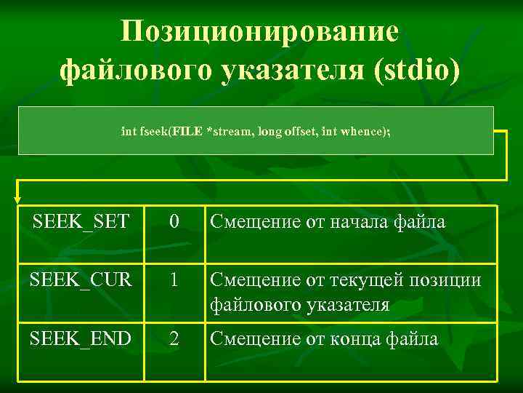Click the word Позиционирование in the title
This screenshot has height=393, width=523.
pyautogui.click(x=260, y=31)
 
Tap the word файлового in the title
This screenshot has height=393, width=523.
pyautogui.click(x=132, y=71)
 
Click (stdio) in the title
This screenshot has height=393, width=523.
pyautogui.click(x=415, y=71)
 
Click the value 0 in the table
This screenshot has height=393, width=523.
pyautogui.click(x=173, y=222)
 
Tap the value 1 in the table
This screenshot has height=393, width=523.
pyautogui.click(x=173, y=280)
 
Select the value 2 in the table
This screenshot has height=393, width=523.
pyautogui.click(x=173, y=338)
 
